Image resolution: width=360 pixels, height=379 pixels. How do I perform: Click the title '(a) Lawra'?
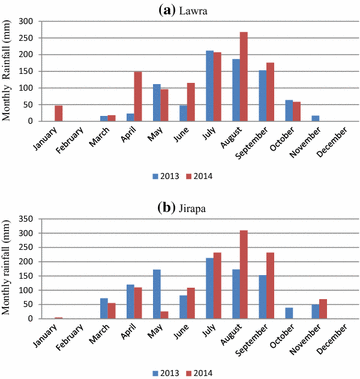click(x=180, y=9)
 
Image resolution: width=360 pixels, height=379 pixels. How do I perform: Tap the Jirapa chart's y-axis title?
click(x=9, y=270)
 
